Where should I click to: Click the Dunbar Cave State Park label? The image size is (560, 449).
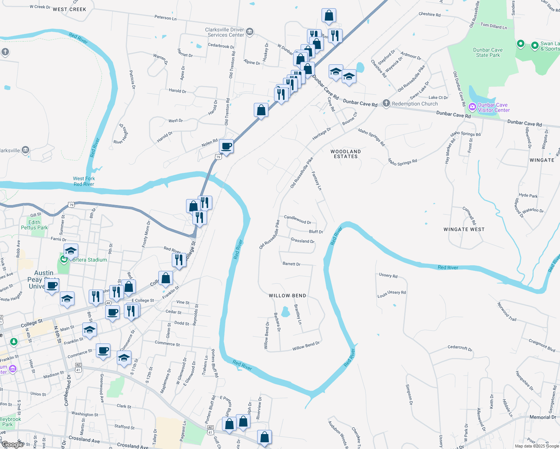pos(488,52)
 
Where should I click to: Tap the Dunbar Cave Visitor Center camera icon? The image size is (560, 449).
pos(472,107)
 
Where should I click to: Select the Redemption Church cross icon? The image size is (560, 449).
pos(386,103)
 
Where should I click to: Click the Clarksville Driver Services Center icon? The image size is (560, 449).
pos(250,32)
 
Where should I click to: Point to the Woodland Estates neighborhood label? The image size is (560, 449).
pos(346,154)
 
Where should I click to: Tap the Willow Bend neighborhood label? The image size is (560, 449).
pos(287,296)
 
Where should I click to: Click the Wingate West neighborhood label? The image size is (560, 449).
pos(464,229)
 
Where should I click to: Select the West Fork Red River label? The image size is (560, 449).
pos(84,181)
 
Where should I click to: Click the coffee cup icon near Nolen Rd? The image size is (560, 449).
pos(226,146)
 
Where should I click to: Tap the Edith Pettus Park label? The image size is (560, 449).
pos(34,225)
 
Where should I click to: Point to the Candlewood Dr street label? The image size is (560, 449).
pos(298,219)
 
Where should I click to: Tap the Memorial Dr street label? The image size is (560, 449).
pos(542,417)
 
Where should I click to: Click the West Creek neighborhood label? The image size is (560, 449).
pos(69,9)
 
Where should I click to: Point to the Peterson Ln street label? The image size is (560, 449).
pos(165,18)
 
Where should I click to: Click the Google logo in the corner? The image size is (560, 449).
pos(12,445)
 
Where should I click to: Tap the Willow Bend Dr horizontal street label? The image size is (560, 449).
pos(306,346)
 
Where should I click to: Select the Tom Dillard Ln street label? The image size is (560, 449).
pos(493,26)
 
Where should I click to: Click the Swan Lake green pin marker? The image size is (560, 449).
pos(520,43)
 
